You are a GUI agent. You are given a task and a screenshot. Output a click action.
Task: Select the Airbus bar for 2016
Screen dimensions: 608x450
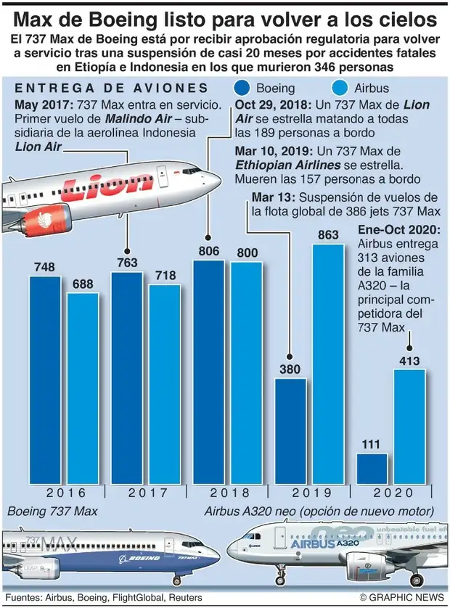83,387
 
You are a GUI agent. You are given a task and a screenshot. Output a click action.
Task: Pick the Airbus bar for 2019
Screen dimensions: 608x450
327,363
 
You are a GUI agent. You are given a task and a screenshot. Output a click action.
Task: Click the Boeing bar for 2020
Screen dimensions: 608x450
372,468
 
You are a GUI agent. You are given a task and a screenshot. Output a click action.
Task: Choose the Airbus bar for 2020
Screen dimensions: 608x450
410,425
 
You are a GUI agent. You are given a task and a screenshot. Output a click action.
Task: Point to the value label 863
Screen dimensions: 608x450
328,234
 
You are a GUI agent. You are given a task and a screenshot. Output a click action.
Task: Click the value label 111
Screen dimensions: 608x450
372,444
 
